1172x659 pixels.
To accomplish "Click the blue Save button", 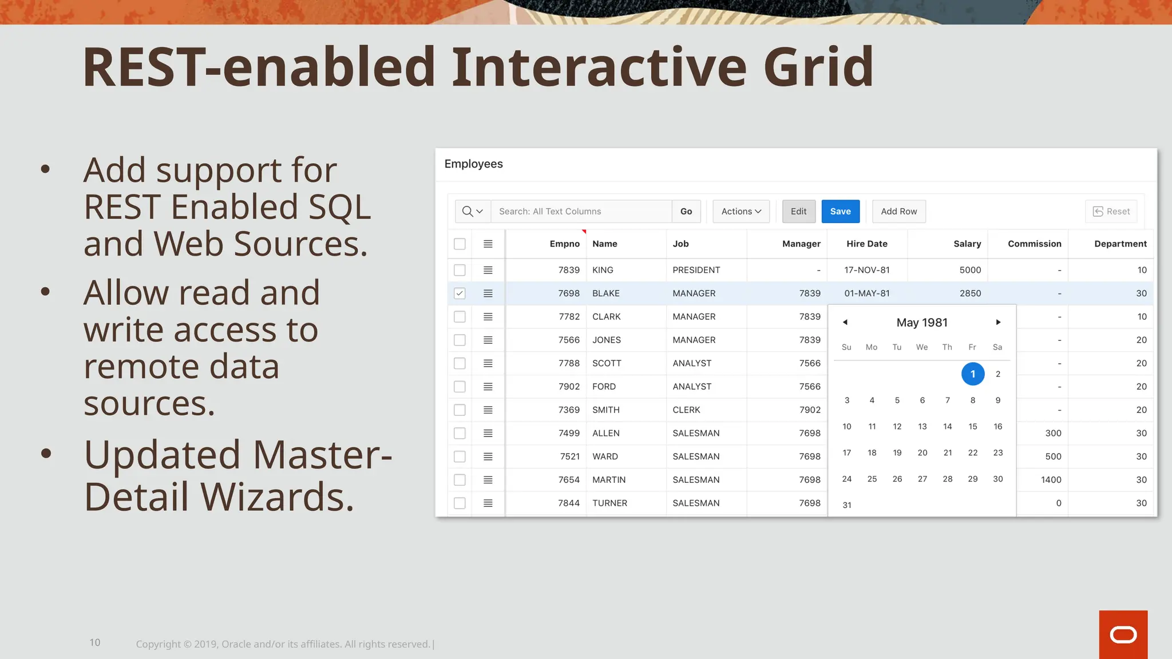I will pos(840,211).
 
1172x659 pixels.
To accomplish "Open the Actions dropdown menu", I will pos(741,211).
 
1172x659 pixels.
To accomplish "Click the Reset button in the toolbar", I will pos(1111,211).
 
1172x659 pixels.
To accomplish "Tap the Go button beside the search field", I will pos(686,211).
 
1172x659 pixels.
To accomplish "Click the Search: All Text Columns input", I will pos(581,211).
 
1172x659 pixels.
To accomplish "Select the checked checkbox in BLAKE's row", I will pos(460,293).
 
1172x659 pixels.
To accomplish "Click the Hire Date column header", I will pos(866,244).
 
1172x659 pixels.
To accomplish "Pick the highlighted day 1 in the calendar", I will pos(972,374).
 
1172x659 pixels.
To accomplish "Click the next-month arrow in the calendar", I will pos(998,322).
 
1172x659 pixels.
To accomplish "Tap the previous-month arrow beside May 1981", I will pos(845,322).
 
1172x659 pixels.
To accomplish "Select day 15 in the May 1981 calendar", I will pos(972,426).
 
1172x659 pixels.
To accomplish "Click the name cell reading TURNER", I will pos(609,503).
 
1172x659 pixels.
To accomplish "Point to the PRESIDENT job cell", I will pos(696,270).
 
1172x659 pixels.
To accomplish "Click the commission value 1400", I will pos(1051,479).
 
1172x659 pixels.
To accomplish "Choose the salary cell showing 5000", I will pos(970,270).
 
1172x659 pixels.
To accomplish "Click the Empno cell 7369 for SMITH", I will pos(568,410).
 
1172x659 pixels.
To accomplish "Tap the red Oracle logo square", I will pos(1123,634).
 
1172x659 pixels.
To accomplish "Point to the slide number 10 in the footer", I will pos(95,642).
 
